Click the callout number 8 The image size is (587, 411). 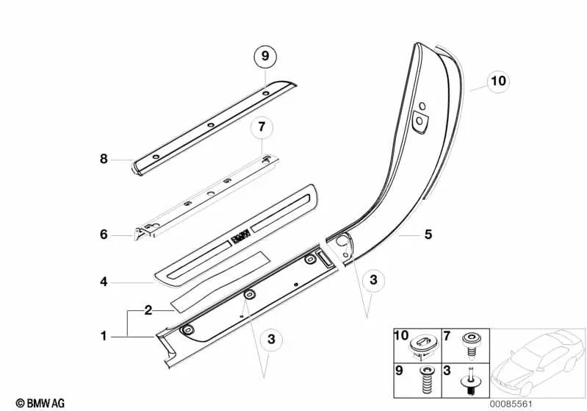click(x=104, y=158)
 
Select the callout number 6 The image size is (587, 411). click(x=104, y=235)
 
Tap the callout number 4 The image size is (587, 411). click(x=104, y=281)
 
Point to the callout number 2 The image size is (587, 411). click(x=148, y=310)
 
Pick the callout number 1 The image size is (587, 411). click(x=104, y=336)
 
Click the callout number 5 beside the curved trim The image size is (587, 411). click(x=428, y=235)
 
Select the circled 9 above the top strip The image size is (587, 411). click(x=265, y=55)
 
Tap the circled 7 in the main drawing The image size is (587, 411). click(x=262, y=128)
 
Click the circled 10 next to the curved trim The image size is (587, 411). click(x=497, y=81)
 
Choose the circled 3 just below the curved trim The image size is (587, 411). click(x=373, y=279)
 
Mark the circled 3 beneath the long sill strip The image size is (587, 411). click(x=271, y=339)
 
